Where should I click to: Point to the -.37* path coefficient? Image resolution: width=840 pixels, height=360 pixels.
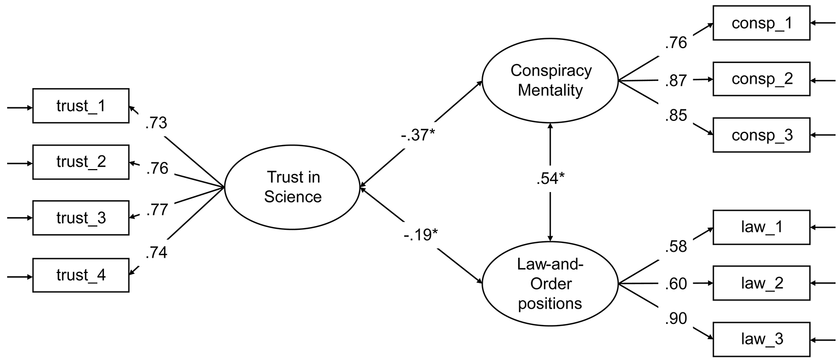418,135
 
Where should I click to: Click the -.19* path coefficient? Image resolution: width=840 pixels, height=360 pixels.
421,235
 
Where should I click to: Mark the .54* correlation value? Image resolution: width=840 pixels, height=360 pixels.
551,178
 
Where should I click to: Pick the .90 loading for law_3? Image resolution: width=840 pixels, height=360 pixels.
676,318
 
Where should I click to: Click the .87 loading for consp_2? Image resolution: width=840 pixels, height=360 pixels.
676,80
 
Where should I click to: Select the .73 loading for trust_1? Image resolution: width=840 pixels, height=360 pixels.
156,123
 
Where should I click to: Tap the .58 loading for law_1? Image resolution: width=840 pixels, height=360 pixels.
676,246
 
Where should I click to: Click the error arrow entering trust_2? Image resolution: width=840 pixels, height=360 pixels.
20,164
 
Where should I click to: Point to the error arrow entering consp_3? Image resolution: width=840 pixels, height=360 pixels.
823,135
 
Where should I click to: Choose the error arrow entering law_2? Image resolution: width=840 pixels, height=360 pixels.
823,283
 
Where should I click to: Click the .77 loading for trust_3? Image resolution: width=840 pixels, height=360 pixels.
157,210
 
